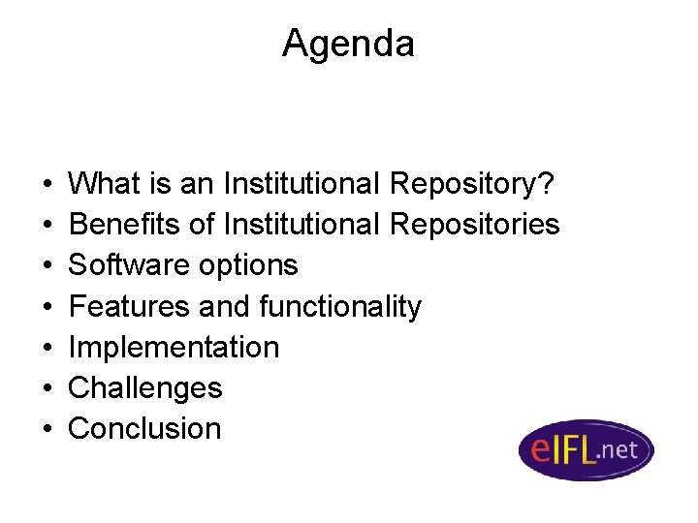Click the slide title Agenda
[x=348, y=44]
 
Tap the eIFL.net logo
[x=586, y=449]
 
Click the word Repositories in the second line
[x=474, y=225]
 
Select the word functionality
[x=340, y=307]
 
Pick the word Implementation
[x=174, y=348]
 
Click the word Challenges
[x=145, y=388]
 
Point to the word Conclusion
[x=145, y=429]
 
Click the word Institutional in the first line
[x=302, y=183]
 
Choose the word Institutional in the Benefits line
[x=302, y=225]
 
